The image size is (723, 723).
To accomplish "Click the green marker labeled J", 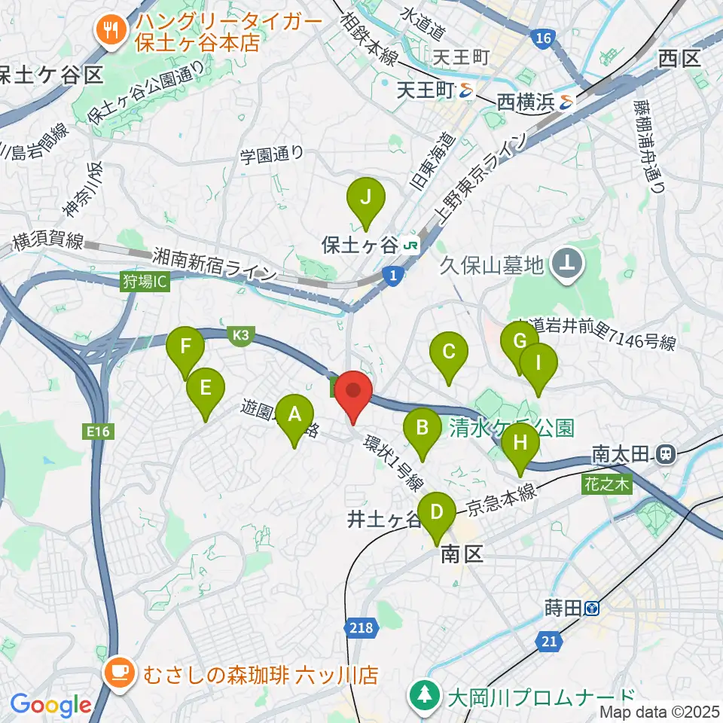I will (x=366, y=199).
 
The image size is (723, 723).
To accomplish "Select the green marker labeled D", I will (x=436, y=514).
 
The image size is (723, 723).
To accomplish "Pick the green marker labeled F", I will (x=185, y=348).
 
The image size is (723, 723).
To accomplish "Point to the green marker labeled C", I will (x=449, y=352).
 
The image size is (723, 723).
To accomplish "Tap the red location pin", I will (x=352, y=393).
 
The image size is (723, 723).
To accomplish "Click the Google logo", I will (x=50, y=706).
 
